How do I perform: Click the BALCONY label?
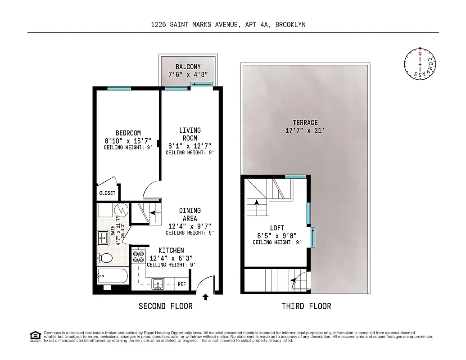188,67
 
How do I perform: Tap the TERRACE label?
305,122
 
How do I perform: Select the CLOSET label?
107,193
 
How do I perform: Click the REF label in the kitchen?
182,284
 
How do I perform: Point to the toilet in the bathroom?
105,258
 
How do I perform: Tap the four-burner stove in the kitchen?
138,256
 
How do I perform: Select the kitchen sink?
158,283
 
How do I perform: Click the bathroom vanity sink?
103,238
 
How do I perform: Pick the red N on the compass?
420,54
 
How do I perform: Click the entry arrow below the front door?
206,297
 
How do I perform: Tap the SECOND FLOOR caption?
165,306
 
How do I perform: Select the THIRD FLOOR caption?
306,306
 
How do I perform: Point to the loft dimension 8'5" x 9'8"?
277,235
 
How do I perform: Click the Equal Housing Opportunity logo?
34,336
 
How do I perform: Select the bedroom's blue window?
119,88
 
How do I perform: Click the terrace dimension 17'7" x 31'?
305,131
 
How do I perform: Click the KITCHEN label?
171,250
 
